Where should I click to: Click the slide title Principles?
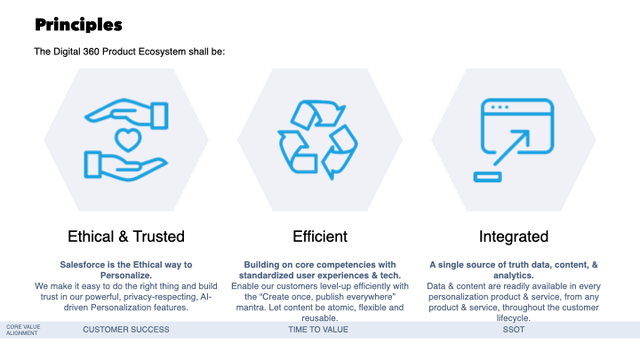pos(78,25)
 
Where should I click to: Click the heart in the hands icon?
pos(128,140)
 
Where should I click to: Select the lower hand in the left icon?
pos(125,166)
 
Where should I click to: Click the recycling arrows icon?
pos(317,140)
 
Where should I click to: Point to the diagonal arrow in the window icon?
pos(511,148)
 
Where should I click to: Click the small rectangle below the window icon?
pos(487,177)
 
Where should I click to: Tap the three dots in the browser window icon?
pos(500,108)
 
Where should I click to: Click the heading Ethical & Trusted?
pos(126,236)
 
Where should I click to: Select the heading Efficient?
pos(320,236)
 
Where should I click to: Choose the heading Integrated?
pos(514,236)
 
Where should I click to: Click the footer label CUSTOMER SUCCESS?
pos(126,330)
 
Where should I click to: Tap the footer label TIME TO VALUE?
pos(318,330)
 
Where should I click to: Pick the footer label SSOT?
pos(514,330)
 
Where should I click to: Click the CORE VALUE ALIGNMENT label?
pos(23,330)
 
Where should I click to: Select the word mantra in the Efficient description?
pos(251,308)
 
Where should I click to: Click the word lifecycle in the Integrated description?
pos(514,318)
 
